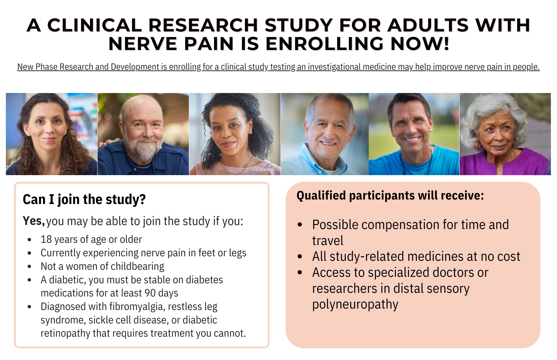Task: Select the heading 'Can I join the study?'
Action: point(84,200)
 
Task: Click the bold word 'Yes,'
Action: point(34,221)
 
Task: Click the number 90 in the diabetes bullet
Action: point(150,293)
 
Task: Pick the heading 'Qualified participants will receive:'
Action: point(390,196)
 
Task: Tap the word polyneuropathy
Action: point(355,305)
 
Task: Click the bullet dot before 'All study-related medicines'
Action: point(300,257)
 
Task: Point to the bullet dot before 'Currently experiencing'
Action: point(29,253)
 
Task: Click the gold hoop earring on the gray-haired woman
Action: point(478,146)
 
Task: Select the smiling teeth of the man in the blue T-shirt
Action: point(412,139)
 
